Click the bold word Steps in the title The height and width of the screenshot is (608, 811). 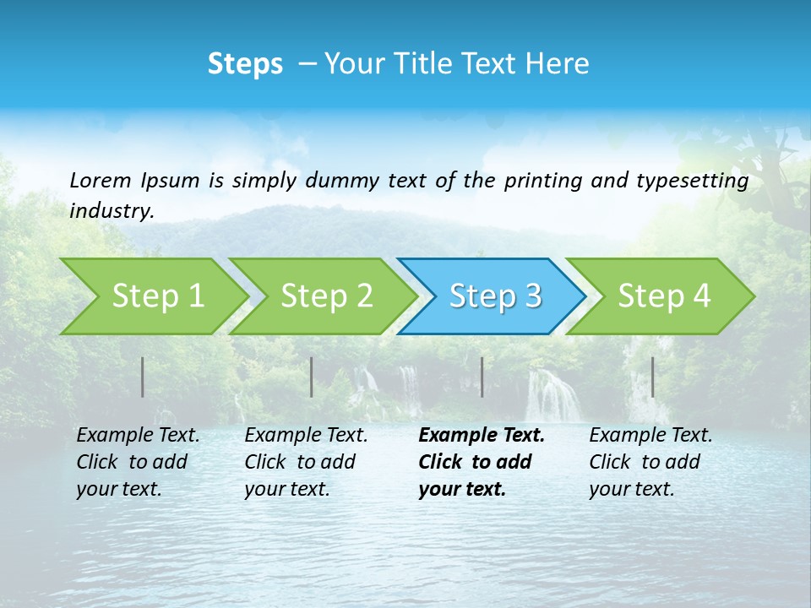245,64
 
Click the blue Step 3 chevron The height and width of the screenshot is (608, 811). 495,296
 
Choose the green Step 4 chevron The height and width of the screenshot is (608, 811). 664,296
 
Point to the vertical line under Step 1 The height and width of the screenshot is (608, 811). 143,377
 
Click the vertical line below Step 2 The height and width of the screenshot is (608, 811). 312,377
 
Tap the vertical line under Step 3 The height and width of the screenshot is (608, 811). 482,377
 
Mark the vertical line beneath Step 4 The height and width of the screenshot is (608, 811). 652,377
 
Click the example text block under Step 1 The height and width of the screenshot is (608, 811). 138,462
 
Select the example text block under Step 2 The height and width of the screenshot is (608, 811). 306,462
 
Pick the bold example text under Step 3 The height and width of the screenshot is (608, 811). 482,462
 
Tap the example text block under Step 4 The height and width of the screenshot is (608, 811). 650,462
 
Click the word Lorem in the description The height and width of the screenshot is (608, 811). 100,180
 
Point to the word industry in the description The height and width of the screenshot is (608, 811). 111,211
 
